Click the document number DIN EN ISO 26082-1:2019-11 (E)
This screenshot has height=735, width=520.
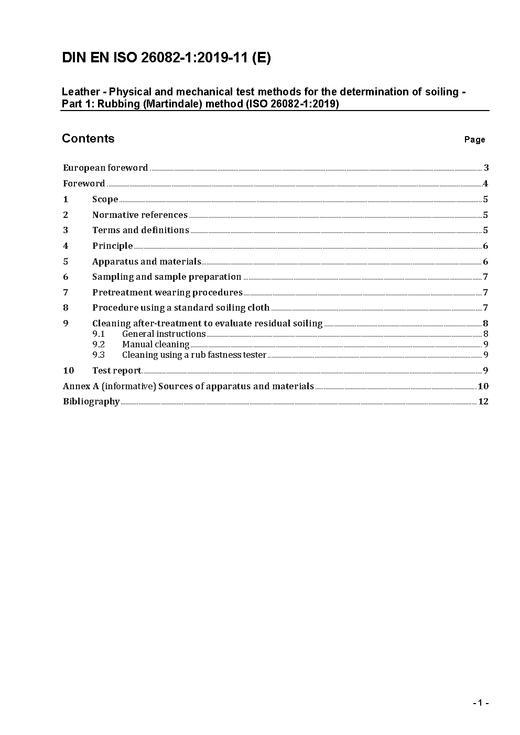[x=166, y=58]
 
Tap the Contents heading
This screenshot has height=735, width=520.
[x=88, y=138]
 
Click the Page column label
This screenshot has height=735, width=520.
[x=474, y=139]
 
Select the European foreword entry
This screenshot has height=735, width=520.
[x=105, y=168]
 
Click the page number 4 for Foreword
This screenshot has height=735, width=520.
[x=485, y=183]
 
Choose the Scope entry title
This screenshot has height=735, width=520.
[x=105, y=199]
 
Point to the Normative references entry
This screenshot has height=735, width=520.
[x=139, y=215]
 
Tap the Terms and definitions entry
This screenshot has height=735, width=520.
[x=140, y=230]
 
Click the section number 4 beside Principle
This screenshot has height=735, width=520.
[x=66, y=246]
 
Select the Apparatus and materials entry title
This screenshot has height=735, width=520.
[x=146, y=261]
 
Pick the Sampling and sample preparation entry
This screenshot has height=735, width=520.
[x=167, y=277]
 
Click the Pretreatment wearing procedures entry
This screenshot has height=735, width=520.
[x=167, y=292]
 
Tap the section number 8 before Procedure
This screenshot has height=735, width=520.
[x=66, y=308]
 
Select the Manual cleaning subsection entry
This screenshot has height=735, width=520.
[x=156, y=344]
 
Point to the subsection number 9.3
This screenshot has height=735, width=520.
[x=99, y=355]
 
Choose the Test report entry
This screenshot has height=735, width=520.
[x=116, y=370]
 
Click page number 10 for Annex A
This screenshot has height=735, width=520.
[x=483, y=386]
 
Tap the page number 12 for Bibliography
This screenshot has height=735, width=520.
[x=483, y=401]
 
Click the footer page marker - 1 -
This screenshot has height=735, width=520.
[x=480, y=703]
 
